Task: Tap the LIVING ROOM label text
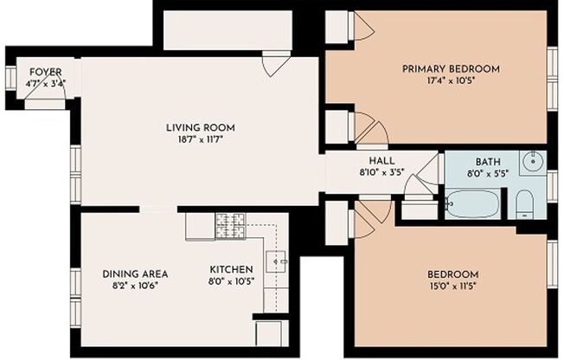point(201,128)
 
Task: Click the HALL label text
point(381,161)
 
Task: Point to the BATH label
point(487,161)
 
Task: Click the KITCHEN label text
point(231,269)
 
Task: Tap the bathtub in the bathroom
point(474,205)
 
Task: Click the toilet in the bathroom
point(524,205)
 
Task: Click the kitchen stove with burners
point(230,226)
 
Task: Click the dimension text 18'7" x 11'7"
point(201,139)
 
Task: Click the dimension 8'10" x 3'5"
point(381,172)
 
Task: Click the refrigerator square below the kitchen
point(269,332)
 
